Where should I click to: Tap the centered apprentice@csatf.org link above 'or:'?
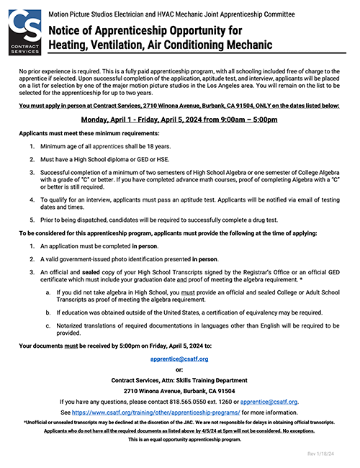[180, 357]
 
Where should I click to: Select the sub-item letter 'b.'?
[48, 312]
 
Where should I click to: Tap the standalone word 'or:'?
[180, 369]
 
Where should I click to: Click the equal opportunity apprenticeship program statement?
[180, 438]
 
